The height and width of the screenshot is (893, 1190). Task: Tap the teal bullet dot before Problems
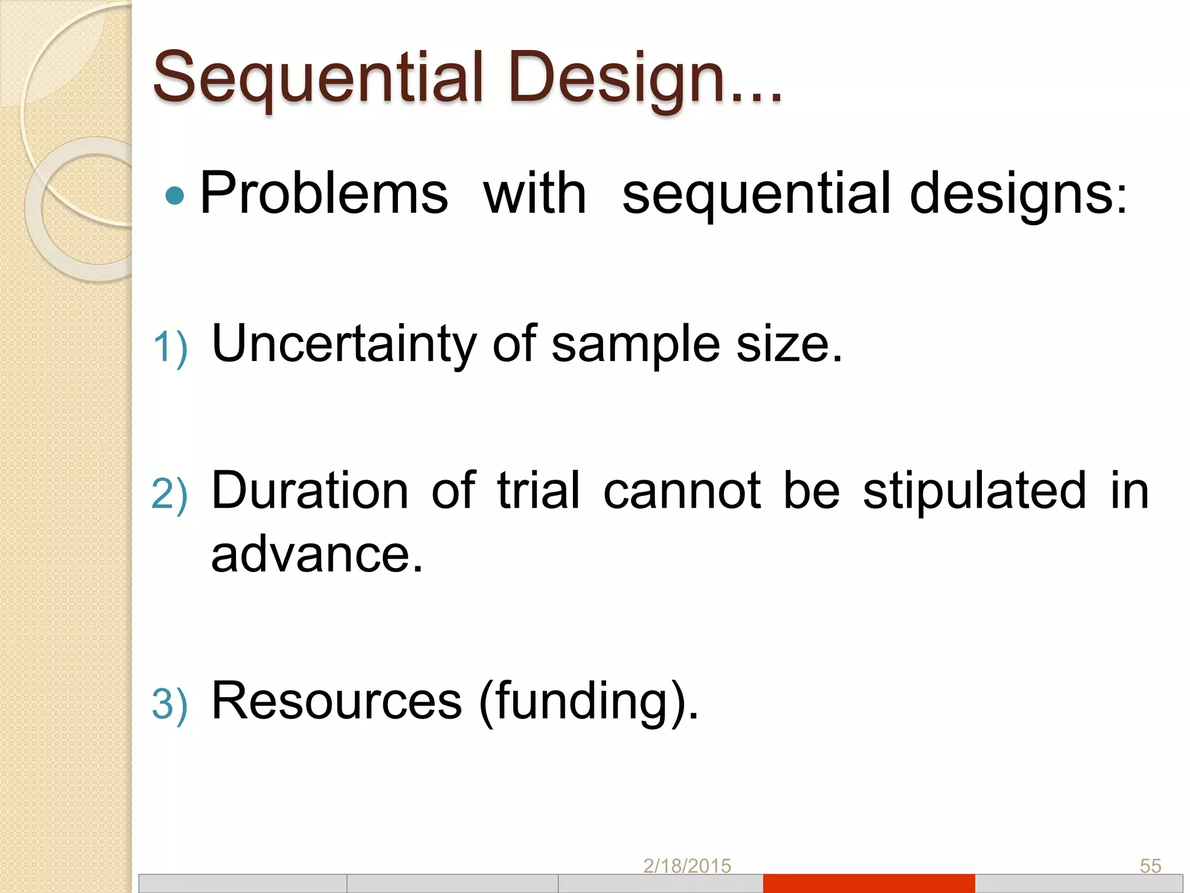pyautogui.click(x=174, y=196)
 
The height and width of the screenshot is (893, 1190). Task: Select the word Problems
pyautogui.click(x=324, y=194)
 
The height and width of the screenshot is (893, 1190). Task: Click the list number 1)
pyautogui.click(x=170, y=348)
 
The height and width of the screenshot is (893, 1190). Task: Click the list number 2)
pyautogui.click(x=170, y=494)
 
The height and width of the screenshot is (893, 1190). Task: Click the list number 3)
pyautogui.click(x=170, y=704)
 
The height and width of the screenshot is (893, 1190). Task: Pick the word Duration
pyautogui.click(x=310, y=491)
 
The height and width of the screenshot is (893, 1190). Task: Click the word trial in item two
pyautogui.click(x=538, y=491)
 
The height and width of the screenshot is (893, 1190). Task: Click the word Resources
pyautogui.click(x=336, y=701)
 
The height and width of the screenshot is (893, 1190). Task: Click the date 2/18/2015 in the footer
pyautogui.click(x=687, y=866)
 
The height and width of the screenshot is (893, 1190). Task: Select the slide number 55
pyautogui.click(x=1150, y=866)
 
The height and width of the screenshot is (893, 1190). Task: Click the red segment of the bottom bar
pyautogui.click(x=869, y=883)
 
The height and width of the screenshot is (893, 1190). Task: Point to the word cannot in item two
pyautogui.click(x=682, y=491)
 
